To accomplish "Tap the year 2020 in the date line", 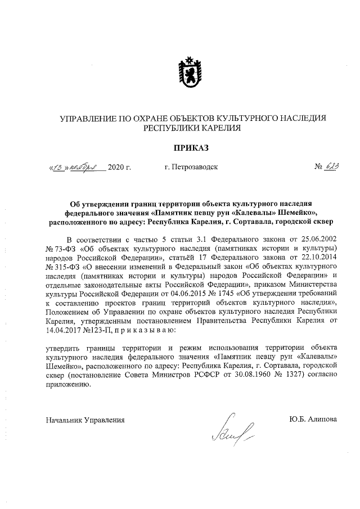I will pos(118,167).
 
